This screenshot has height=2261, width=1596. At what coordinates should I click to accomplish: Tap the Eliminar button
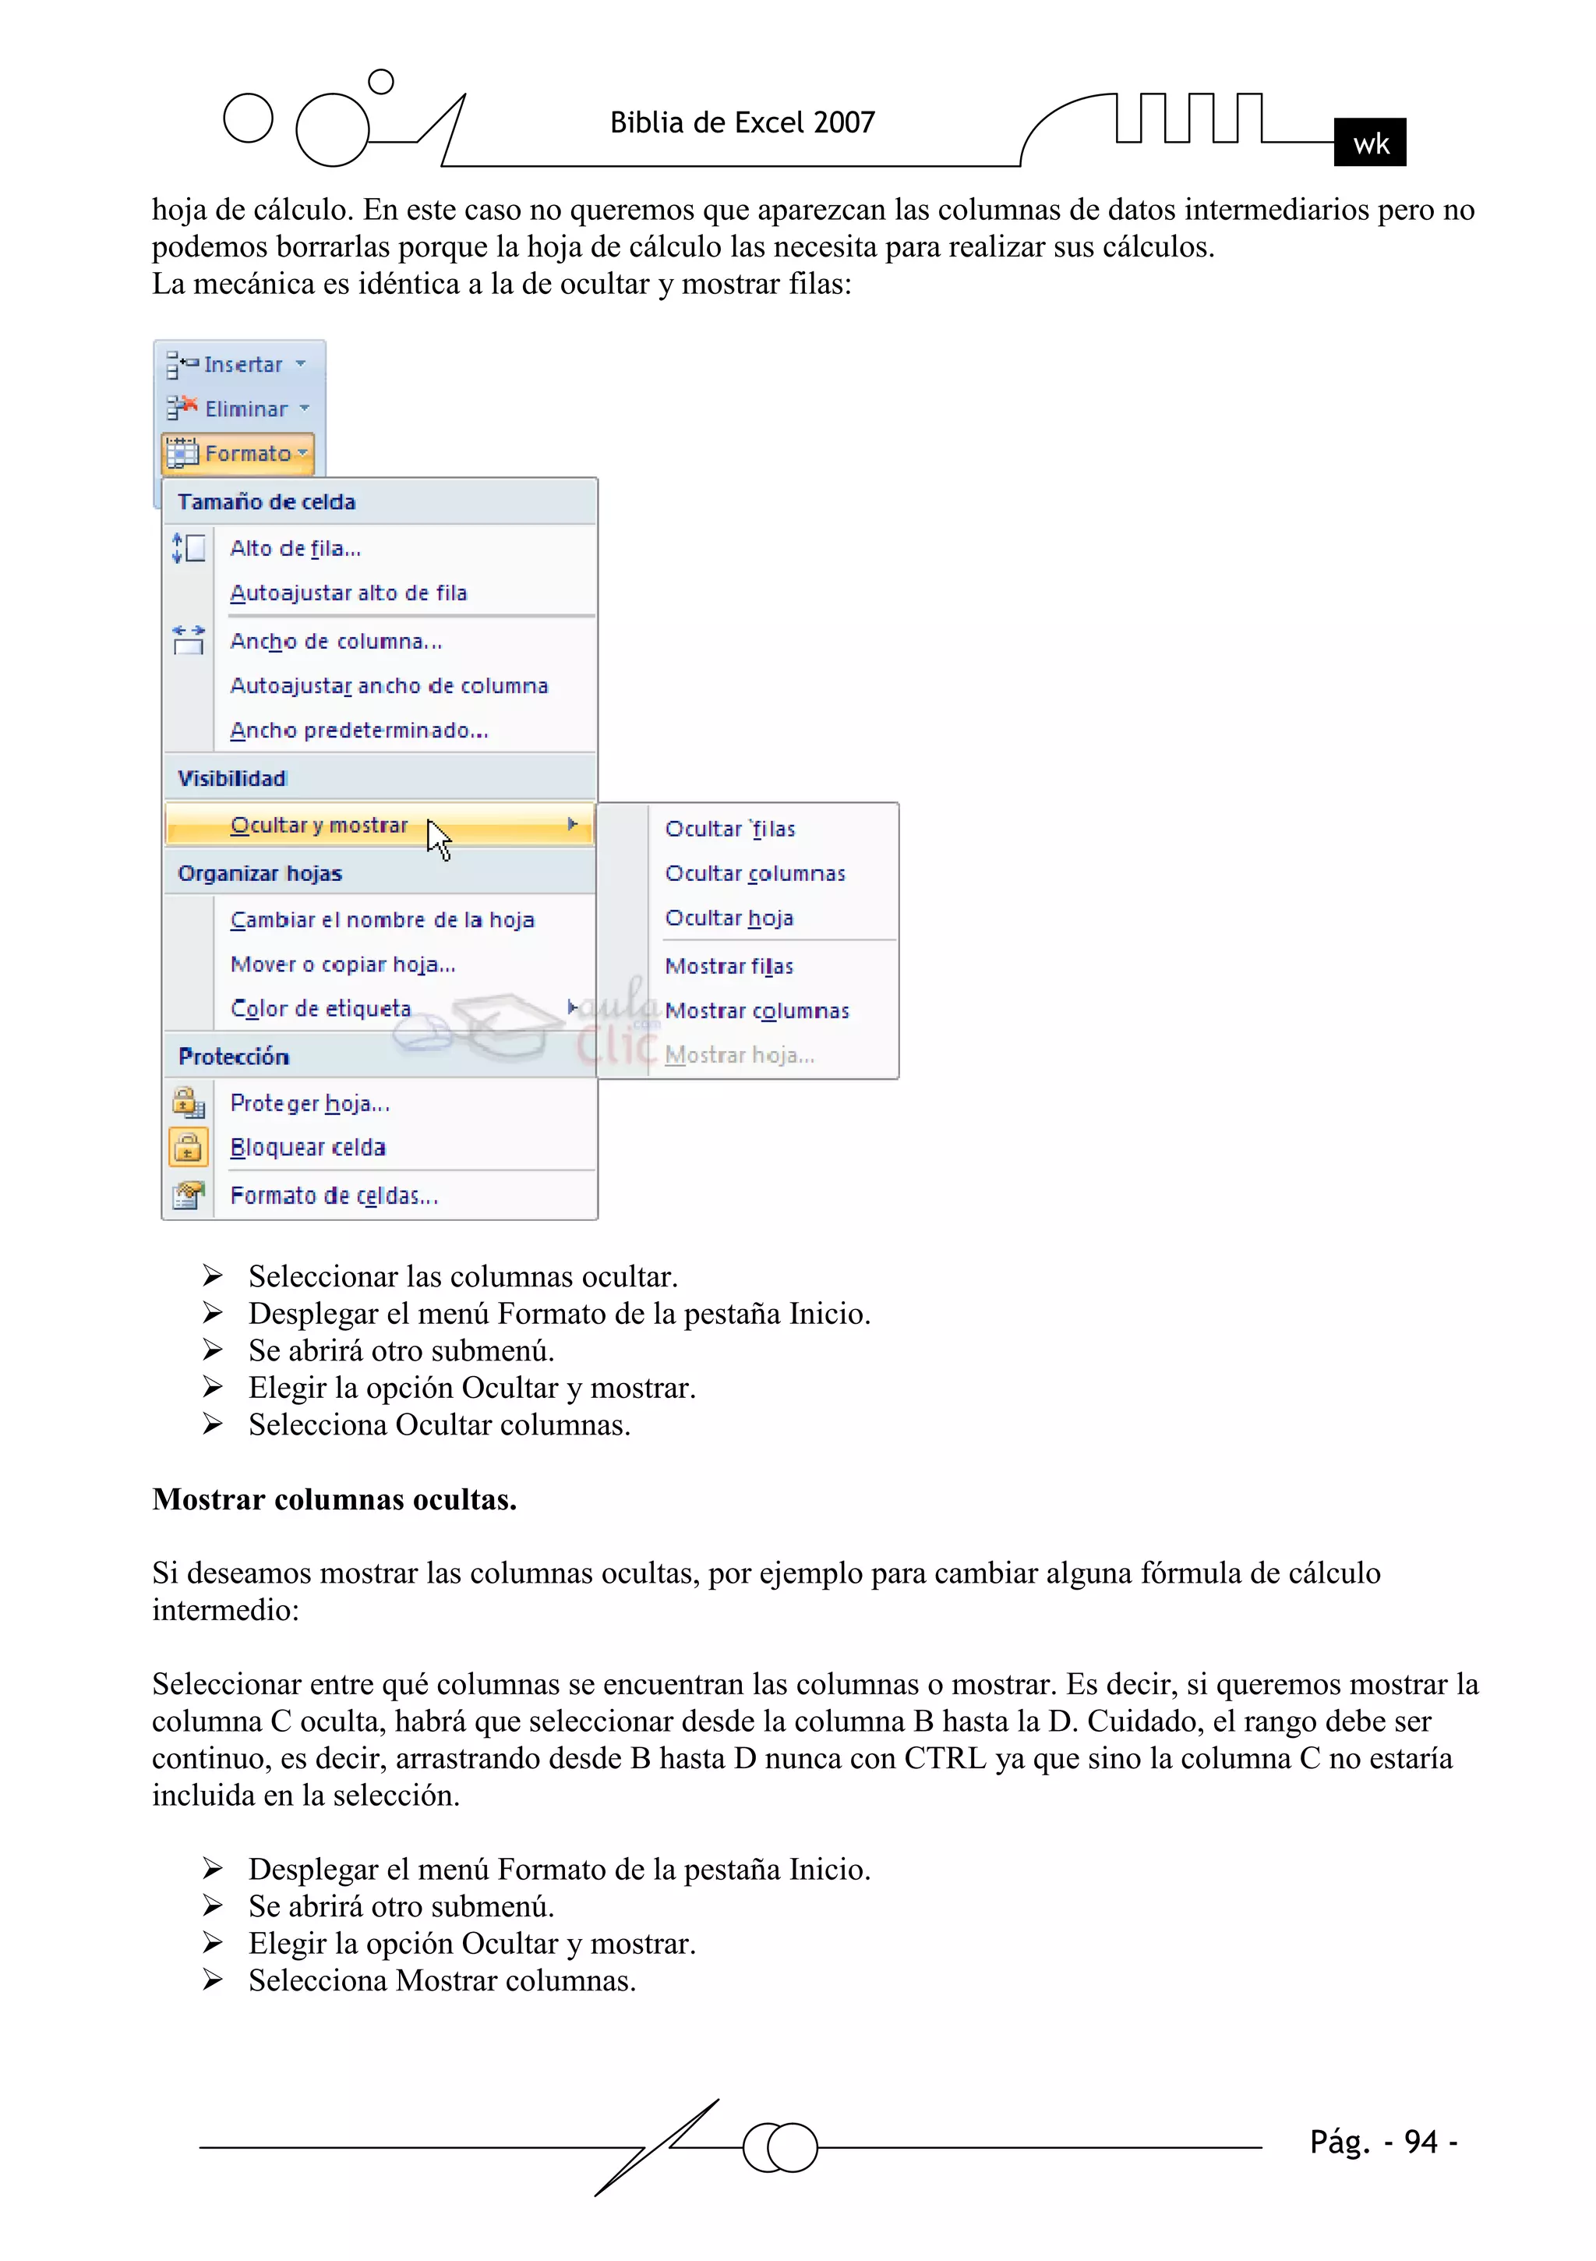point(239,409)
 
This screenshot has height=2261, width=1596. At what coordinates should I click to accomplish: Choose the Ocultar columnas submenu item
point(754,873)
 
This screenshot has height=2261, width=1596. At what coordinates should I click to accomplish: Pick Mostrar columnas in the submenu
point(756,1010)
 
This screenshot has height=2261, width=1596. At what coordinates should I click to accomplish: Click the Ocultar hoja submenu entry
point(729,918)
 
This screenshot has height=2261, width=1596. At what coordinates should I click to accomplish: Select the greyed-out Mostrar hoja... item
point(739,1055)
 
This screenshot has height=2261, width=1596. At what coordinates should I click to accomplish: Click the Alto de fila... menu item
point(295,549)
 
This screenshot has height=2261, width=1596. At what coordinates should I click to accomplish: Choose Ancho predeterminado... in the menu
point(358,731)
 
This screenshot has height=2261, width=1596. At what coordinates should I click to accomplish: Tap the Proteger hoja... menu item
point(309,1103)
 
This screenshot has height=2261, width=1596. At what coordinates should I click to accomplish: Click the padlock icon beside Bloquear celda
point(188,1147)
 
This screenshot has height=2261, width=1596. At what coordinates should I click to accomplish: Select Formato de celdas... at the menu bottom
point(334,1195)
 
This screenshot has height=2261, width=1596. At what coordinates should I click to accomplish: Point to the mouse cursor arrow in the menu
point(438,840)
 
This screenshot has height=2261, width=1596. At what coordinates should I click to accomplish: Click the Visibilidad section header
point(232,778)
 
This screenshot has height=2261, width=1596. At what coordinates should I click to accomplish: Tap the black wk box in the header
point(1369,143)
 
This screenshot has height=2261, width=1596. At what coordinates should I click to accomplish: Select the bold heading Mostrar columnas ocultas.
point(334,1498)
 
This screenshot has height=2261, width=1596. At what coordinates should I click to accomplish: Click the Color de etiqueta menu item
point(320,1008)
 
